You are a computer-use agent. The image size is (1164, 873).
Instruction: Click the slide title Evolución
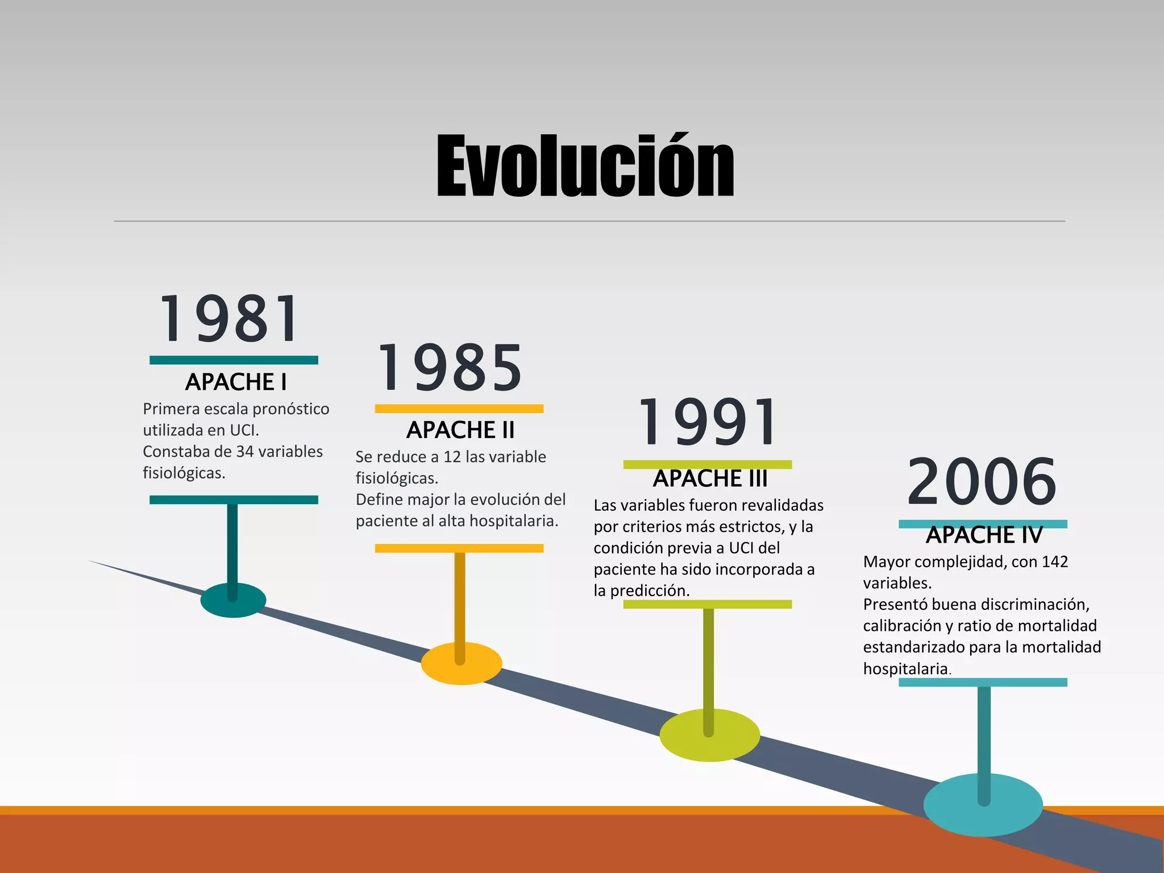coord(585,166)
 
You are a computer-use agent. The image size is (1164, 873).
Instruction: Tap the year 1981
coord(230,319)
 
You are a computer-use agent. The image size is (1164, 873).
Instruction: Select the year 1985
coord(450,368)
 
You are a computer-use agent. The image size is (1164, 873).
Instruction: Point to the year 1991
coord(708,423)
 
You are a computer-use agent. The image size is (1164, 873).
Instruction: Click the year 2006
coord(982,482)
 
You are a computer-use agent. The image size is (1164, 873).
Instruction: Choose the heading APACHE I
coord(236,382)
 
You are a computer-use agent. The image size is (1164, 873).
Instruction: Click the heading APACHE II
coord(460,430)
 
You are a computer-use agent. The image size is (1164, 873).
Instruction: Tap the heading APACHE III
coord(710,479)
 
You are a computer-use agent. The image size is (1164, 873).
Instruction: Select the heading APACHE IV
coord(984,535)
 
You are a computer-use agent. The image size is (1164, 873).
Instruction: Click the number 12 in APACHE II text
coord(452,457)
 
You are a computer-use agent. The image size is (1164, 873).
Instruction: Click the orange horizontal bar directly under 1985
coord(459,409)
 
